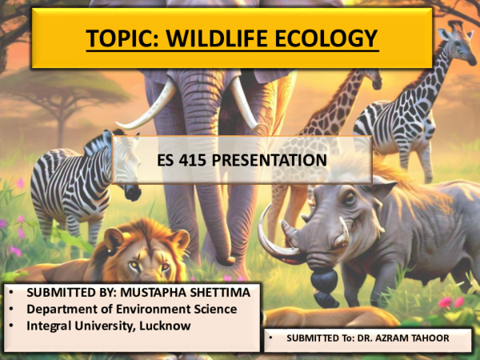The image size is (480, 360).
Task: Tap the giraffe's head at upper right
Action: click(456, 40)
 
